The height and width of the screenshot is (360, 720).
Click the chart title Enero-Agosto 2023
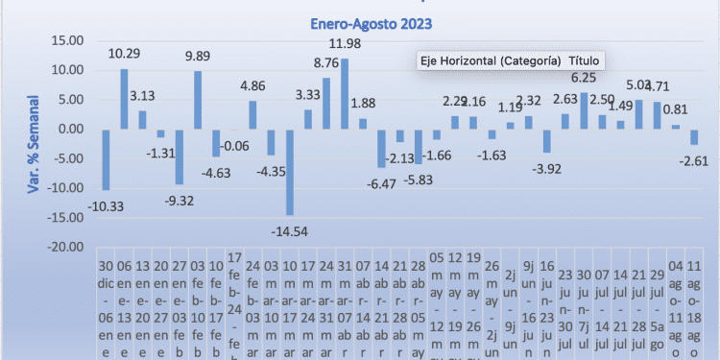(x=371, y=26)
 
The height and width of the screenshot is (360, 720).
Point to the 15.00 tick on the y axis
(x=66, y=40)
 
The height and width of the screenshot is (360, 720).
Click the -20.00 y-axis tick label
(x=66, y=247)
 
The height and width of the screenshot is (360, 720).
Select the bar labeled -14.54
(x=289, y=172)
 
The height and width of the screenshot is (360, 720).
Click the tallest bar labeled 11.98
(x=345, y=93)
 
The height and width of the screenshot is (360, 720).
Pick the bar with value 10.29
(x=124, y=98)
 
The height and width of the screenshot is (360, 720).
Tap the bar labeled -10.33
(x=106, y=159)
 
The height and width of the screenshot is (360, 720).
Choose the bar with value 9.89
(x=197, y=100)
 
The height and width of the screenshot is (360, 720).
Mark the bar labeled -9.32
(x=179, y=156)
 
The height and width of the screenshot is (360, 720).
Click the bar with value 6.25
(x=584, y=110)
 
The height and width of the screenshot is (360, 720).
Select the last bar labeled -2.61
(x=694, y=136)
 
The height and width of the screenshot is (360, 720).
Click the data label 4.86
(x=252, y=85)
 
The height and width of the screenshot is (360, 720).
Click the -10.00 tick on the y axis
(x=66, y=187)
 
